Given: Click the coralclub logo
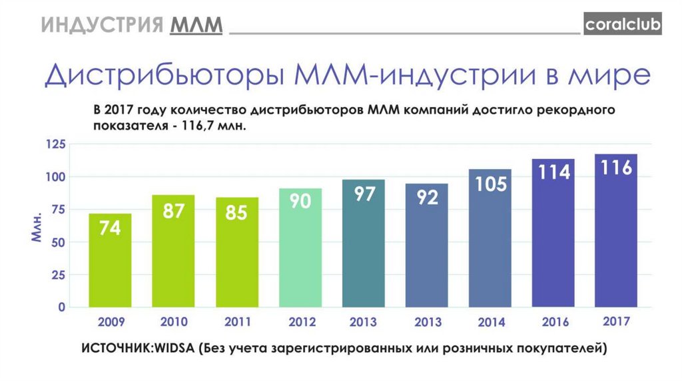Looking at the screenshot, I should tap(623, 25).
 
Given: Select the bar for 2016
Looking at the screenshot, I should tap(553, 233).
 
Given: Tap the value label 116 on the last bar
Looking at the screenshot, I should tap(616, 167).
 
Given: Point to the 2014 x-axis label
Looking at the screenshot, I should tap(491, 322).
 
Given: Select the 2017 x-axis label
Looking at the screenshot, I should tap(617, 321).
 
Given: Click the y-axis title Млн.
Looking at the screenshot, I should tap(37, 230).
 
